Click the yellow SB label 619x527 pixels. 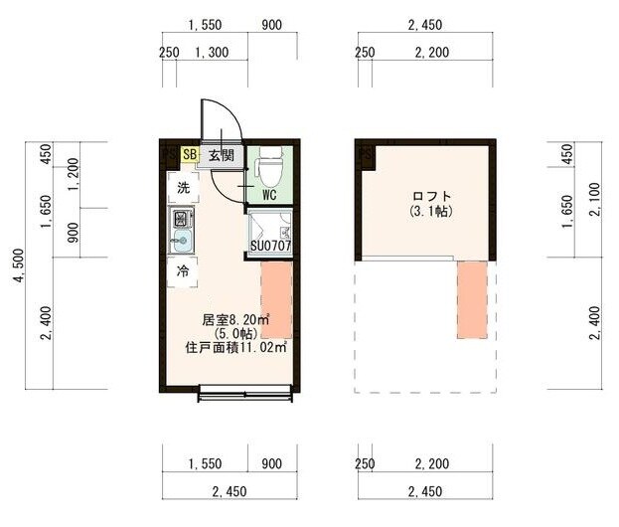point(190,154)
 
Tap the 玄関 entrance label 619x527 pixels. point(221,155)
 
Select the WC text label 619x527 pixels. point(269,196)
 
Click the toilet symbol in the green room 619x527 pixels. point(268,169)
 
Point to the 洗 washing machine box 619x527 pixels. point(183,188)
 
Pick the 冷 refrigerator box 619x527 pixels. point(183,270)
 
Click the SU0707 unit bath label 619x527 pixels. point(269,246)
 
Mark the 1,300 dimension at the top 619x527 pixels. point(210,53)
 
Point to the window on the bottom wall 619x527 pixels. point(245,398)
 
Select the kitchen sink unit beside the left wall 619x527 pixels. point(182,230)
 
